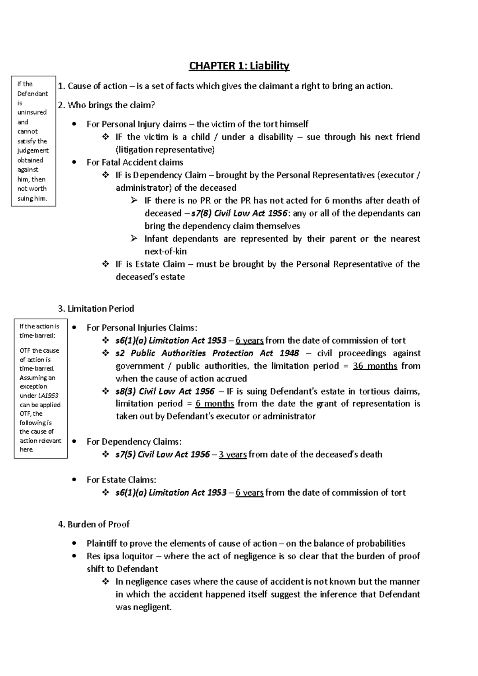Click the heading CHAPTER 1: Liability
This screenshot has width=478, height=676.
click(x=239, y=66)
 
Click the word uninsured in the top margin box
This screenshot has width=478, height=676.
click(x=32, y=112)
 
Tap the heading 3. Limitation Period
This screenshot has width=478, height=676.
click(x=96, y=309)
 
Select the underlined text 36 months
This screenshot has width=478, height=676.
click(x=375, y=366)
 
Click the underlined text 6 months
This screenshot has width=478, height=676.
click(x=215, y=404)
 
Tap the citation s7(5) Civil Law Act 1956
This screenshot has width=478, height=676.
click(x=163, y=454)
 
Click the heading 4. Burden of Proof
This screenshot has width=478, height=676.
click(x=94, y=524)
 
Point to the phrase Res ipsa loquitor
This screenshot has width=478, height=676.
click(x=120, y=556)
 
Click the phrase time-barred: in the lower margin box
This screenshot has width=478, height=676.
click(x=37, y=336)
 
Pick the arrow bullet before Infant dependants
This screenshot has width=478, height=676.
click(x=134, y=239)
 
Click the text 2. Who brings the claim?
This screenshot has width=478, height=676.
click(x=106, y=105)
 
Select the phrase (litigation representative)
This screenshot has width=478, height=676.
click(x=165, y=150)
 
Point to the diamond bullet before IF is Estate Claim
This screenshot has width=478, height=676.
click(x=106, y=264)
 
